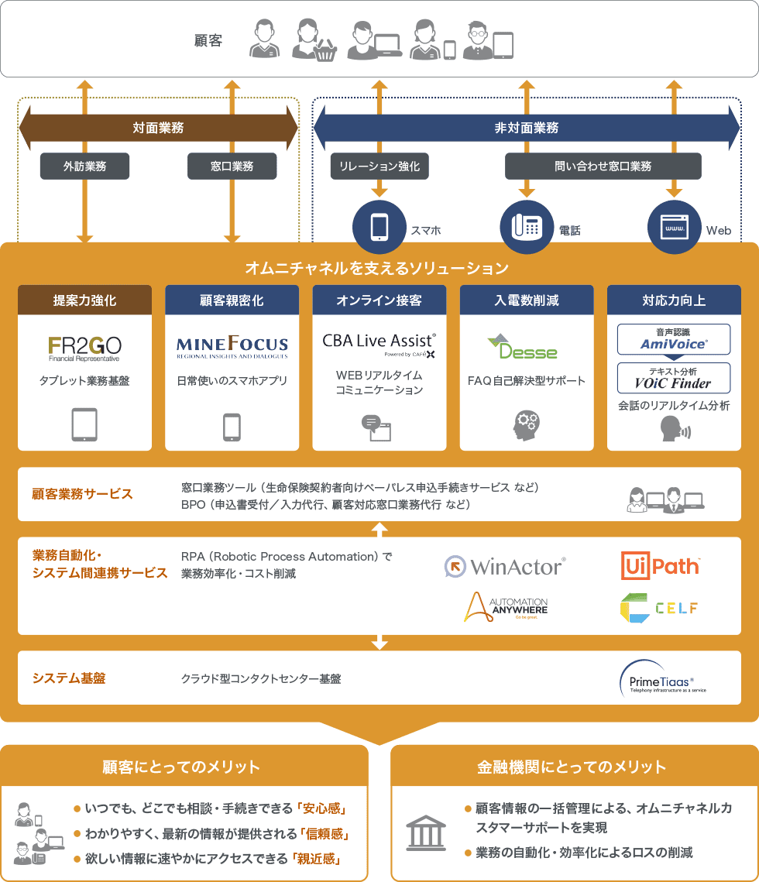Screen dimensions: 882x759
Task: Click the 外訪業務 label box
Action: [84, 166]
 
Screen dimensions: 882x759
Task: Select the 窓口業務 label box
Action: [232, 166]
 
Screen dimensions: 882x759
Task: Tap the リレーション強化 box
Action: [379, 166]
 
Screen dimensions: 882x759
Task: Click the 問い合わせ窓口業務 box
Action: [603, 166]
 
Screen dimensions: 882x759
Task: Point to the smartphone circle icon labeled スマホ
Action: [379, 227]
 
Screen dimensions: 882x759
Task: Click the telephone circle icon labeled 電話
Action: [527, 227]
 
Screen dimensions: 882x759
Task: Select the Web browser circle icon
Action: [674, 227]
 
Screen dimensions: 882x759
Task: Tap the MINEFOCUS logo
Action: [232, 346]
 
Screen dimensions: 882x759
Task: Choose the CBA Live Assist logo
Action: [379, 344]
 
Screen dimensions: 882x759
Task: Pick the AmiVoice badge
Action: [673, 339]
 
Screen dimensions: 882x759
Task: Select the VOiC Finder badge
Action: [673, 378]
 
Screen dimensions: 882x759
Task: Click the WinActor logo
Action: [504, 567]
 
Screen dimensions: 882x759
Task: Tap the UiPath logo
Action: [661, 567]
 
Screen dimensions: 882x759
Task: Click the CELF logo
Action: [659, 608]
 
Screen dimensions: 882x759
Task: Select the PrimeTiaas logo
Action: [662, 679]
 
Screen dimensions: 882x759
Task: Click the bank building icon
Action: [426, 832]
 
